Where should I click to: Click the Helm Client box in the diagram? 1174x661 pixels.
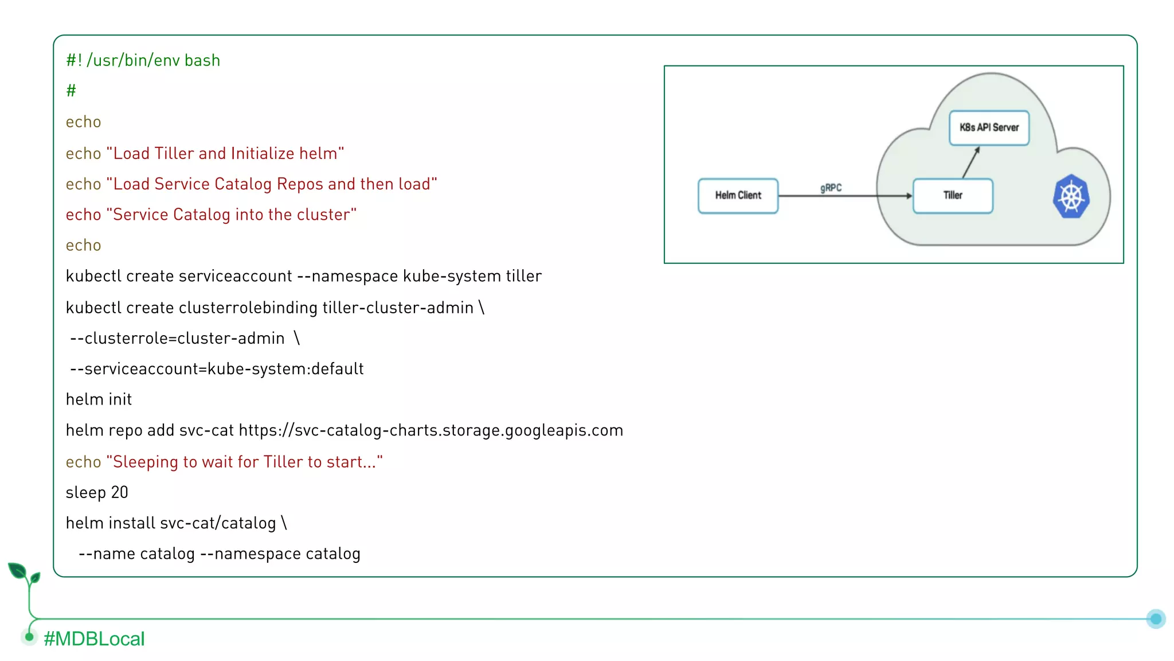coord(738,196)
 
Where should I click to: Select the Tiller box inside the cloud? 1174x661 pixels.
coord(953,196)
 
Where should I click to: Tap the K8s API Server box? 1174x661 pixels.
coord(989,127)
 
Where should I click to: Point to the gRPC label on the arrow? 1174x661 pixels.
coord(831,188)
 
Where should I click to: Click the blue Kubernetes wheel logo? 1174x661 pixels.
coord(1071,197)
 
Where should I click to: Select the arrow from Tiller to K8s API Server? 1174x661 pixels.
coord(970,162)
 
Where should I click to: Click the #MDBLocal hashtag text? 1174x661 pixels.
coord(94,639)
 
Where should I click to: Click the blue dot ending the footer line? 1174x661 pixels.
coord(1156,619)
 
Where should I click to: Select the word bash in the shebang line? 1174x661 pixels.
coord(202,60)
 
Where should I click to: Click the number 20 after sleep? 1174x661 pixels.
coord(119,492)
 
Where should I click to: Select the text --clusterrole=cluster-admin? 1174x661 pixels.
coord(177,339)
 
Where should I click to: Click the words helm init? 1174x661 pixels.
coord(99,399)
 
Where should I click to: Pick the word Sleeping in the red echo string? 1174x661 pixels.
coord(146,462)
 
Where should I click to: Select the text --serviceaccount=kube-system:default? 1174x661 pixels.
coord(217,369)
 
